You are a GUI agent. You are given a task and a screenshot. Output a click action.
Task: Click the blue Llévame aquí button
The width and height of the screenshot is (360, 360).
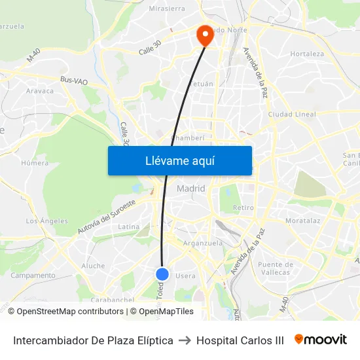179,160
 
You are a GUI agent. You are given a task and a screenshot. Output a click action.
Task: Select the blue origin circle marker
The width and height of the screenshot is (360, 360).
163,274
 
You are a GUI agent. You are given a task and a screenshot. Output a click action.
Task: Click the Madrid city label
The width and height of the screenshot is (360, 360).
190,189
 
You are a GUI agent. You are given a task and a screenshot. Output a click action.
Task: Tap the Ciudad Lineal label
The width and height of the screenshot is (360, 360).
292,114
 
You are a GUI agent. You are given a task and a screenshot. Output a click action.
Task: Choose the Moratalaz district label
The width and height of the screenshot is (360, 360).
303,221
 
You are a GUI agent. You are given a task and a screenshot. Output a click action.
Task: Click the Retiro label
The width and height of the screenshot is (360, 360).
243,207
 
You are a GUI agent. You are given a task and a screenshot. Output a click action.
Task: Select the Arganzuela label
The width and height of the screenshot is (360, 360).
204,243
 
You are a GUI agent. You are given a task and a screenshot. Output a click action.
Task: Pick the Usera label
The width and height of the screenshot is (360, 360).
185,276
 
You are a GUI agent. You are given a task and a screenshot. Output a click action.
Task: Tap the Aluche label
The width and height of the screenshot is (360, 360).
93,266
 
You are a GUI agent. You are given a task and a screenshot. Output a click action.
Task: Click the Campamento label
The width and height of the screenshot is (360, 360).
33,276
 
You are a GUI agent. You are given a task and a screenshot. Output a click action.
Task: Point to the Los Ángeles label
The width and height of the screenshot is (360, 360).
46,221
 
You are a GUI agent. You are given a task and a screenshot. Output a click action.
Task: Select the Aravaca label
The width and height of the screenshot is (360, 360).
40,91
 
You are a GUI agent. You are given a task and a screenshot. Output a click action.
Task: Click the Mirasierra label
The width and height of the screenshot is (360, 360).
168,9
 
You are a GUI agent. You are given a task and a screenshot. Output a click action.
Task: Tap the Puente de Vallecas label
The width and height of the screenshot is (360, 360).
275,268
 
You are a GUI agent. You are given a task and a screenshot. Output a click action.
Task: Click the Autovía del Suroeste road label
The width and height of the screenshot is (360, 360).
106,217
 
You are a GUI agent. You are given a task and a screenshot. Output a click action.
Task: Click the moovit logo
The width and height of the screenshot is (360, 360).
321,340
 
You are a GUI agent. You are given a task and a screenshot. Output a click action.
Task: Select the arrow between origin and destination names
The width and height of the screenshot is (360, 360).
185,340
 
